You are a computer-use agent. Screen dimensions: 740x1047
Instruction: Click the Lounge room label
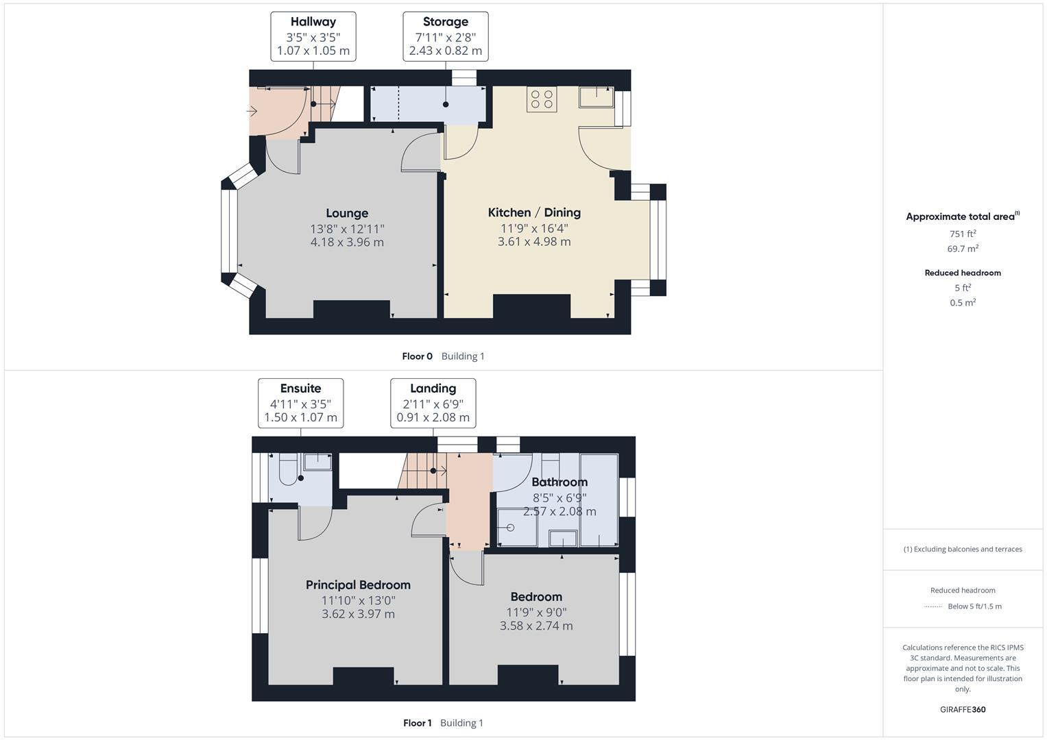click(347, 213)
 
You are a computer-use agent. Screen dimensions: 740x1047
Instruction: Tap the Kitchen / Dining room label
click(534, 212)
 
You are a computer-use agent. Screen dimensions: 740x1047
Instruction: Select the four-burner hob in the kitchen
click(542, 99)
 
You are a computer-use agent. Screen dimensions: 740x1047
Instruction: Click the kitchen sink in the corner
click(596, 97)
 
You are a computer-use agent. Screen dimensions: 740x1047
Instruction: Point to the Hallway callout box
click(313, 36)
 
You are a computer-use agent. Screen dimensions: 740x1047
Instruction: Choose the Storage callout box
click(446, 36)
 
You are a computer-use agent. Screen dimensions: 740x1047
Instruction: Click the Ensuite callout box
click(300, 403)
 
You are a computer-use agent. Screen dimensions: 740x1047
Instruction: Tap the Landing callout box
click(433, 403)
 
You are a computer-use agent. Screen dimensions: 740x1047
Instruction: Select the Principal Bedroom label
click(358, 584)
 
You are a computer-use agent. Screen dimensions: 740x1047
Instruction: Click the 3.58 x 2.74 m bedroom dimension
click(536, 626)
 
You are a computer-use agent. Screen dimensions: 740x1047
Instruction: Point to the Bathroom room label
click(559, 482)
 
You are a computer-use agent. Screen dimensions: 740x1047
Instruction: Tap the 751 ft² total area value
click(963, 234)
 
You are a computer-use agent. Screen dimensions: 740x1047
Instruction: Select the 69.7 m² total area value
click(963, 249)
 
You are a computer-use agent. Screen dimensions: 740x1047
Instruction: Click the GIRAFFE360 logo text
click(963, 709)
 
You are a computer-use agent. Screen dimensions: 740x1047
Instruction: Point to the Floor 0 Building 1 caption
click(443, 356)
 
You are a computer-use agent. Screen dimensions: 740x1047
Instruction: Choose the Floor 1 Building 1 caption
click(443, 723)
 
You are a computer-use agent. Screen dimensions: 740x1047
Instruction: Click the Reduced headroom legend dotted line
click(933, 606)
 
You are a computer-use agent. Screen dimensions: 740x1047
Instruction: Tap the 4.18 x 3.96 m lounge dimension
click(347, 242)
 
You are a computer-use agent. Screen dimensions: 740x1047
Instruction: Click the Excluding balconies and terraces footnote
click(963, 549)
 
